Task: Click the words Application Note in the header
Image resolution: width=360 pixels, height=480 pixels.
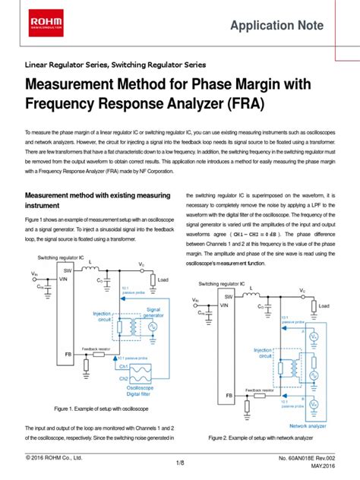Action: [x=270, y=25]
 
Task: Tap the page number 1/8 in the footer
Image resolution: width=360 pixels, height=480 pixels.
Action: [x=180, y=463]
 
